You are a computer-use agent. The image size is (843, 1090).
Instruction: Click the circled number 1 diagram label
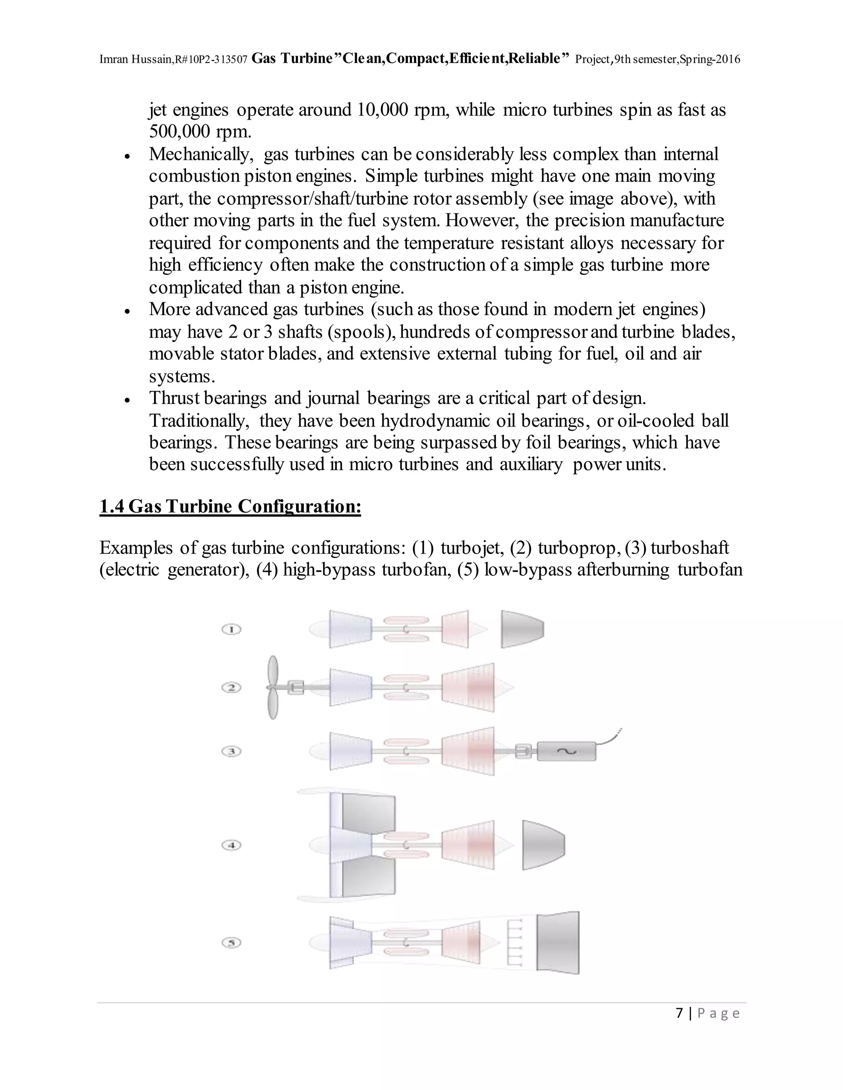pyautogui.click(x=231, y=629)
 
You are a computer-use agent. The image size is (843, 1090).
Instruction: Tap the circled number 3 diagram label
pyautogui.click(x=231, y=751)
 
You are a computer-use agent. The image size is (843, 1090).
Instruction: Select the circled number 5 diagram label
pyautogui.click(x=231, y=943)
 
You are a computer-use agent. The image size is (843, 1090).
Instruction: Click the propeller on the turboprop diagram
pyautogui.click(x=272, y=687)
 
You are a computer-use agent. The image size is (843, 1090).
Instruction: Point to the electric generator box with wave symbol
pyautogui.click(x=566, y=751)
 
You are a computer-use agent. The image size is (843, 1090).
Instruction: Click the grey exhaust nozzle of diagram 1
pyautogui.click(x=522, y=629)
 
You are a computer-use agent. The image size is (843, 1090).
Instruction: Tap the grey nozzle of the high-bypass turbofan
pyautogui.click(x=543, y=845)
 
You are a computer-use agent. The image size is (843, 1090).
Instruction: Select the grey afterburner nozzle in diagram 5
pyautogui.click(x=558, y=943)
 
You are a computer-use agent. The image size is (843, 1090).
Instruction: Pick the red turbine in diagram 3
pyautogui.click(x=468, y=751)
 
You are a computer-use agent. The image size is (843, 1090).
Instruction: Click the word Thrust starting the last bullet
pyautogui.click(x=174, y=398)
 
